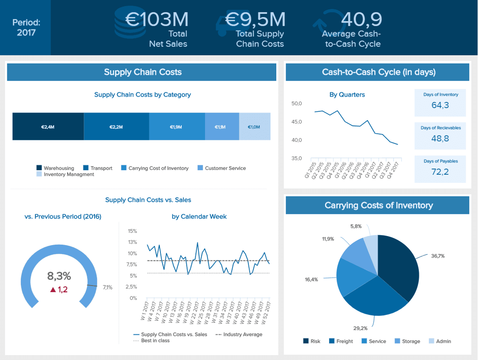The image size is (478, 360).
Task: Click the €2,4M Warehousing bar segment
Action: click(48, 127)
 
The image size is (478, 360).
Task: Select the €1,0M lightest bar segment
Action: click(254, 127)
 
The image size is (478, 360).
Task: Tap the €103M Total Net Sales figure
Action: click(157, 20)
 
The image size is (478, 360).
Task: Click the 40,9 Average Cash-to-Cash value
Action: click(361, 19)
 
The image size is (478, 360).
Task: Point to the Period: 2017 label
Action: click(26, 27)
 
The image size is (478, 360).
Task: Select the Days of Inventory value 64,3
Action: click(440, 105)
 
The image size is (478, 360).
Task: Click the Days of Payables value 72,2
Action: click(440, 172)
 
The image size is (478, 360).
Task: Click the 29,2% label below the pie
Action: click(360, 328)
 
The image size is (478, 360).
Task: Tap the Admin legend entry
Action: click(440, 341)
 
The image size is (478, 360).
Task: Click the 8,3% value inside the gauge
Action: click(59, 276)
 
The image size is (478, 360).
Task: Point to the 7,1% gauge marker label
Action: click(108, 287)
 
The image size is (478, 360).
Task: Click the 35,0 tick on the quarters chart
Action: click(297, 158)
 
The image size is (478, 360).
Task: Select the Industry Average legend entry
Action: click(239, 334)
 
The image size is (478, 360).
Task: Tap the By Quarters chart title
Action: click(347, 94)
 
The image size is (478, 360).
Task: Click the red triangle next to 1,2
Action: click(52, 290)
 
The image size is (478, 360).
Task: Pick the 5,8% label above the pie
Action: click(356, 226)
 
